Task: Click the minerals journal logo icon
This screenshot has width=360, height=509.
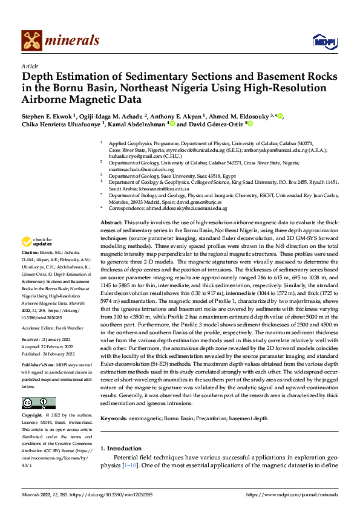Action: (31, 41)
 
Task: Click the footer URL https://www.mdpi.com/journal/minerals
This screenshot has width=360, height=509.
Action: (292, 494)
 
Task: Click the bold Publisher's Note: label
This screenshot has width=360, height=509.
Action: (38, 366)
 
